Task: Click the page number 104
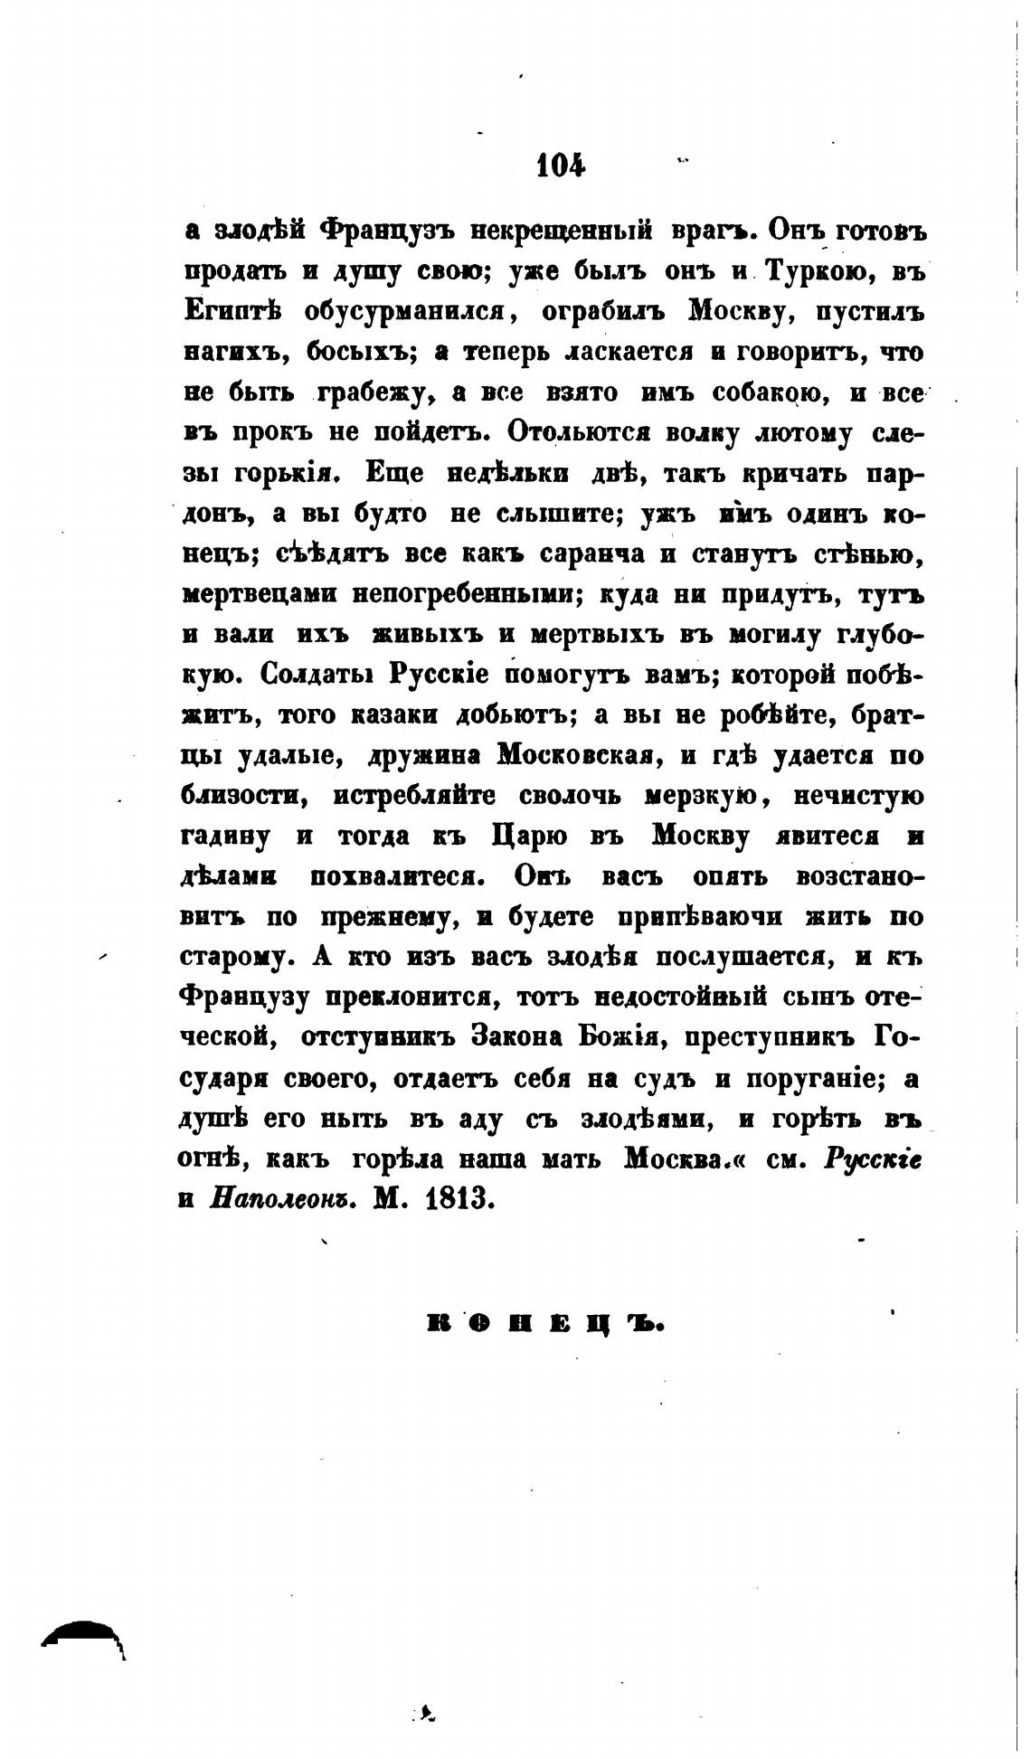coord(561,166)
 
